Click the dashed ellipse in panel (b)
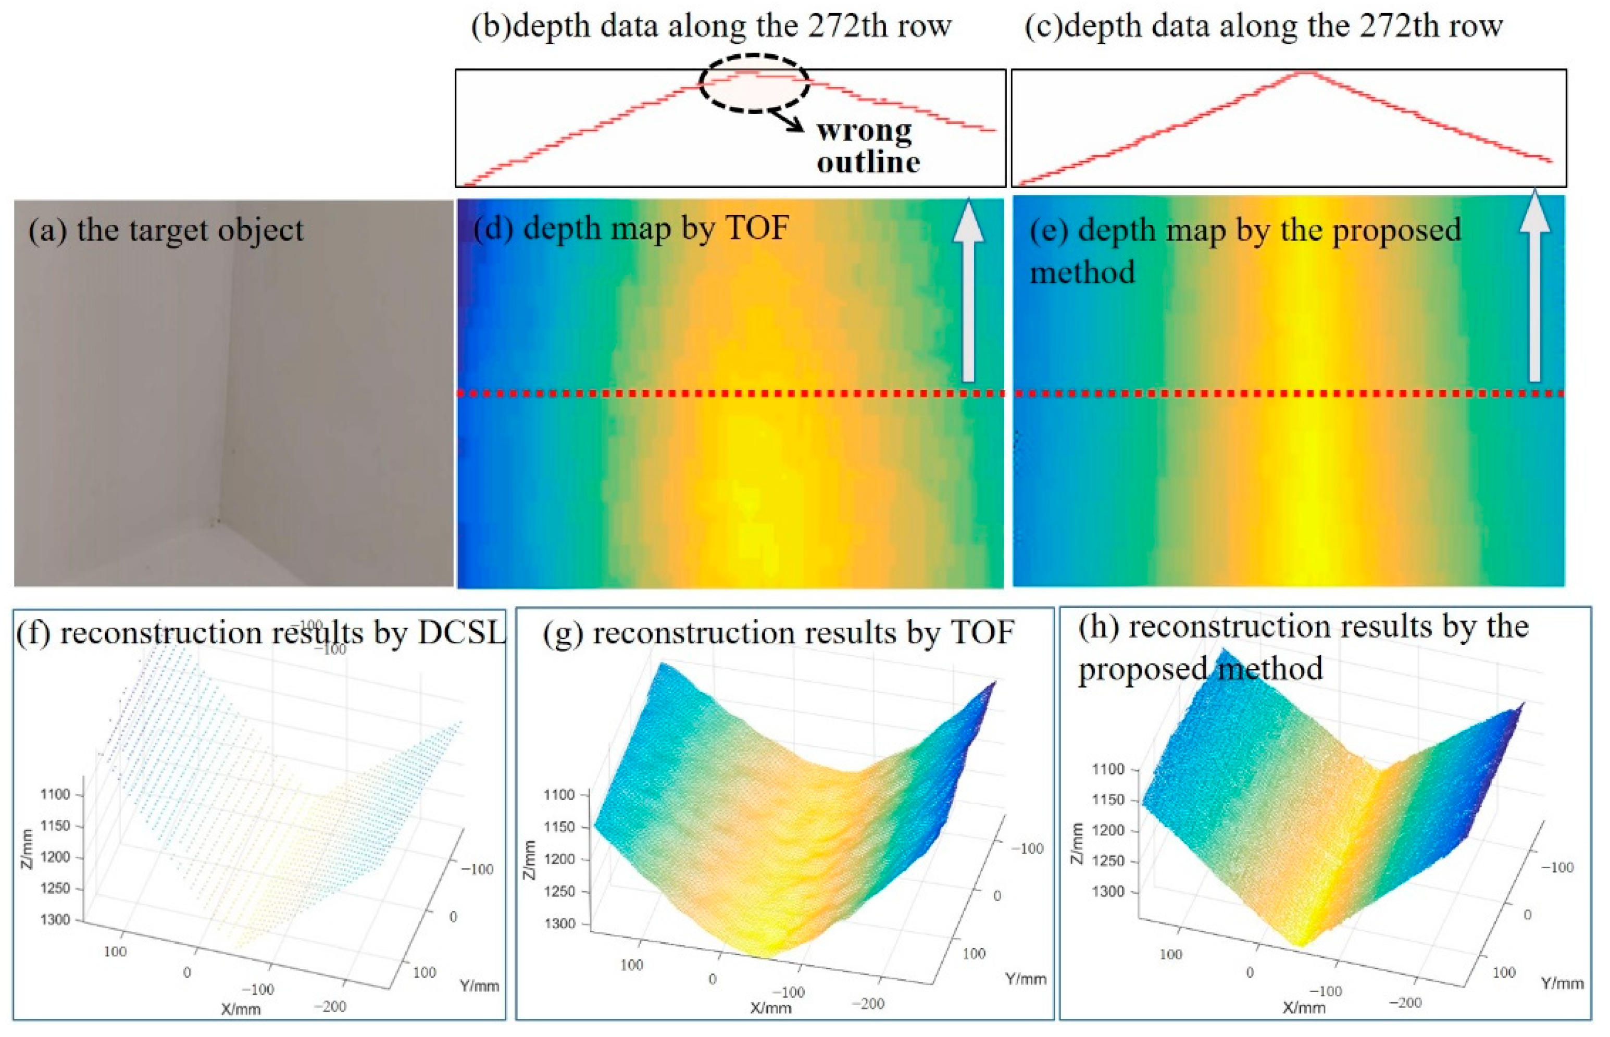(x=754, y=83)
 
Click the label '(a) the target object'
(x=166, y=230)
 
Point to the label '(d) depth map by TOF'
(x=631, y=228)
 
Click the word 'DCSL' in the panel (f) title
(x=461, y=633)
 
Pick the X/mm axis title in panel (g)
(x=771, y=1008)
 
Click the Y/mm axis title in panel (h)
(x=1562, y=984)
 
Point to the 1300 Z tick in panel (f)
(x=55, y=920)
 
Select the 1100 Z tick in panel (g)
(x=559, y=795)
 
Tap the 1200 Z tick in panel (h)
(x=1108, y=831)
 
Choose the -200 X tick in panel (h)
(x=1407, y=1003)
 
